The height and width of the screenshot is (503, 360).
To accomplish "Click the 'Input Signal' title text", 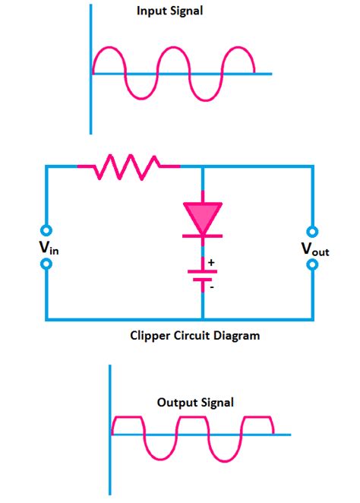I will tap(169, 11).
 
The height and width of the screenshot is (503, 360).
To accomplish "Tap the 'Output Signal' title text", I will tap(195, 403).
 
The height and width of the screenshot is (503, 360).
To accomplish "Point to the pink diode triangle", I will tap(203, 217).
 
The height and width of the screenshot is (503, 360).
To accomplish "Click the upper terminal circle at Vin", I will tap(46, 229).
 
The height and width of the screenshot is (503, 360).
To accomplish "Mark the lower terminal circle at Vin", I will tap(46, 264).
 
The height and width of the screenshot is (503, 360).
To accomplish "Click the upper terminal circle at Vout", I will tap(312, 229).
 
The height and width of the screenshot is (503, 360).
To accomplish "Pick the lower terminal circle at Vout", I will tap(312, 264).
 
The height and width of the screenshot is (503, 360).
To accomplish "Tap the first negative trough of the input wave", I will tap(138, 99).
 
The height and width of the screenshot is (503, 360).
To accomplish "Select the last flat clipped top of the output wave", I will tap(258, 418).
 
